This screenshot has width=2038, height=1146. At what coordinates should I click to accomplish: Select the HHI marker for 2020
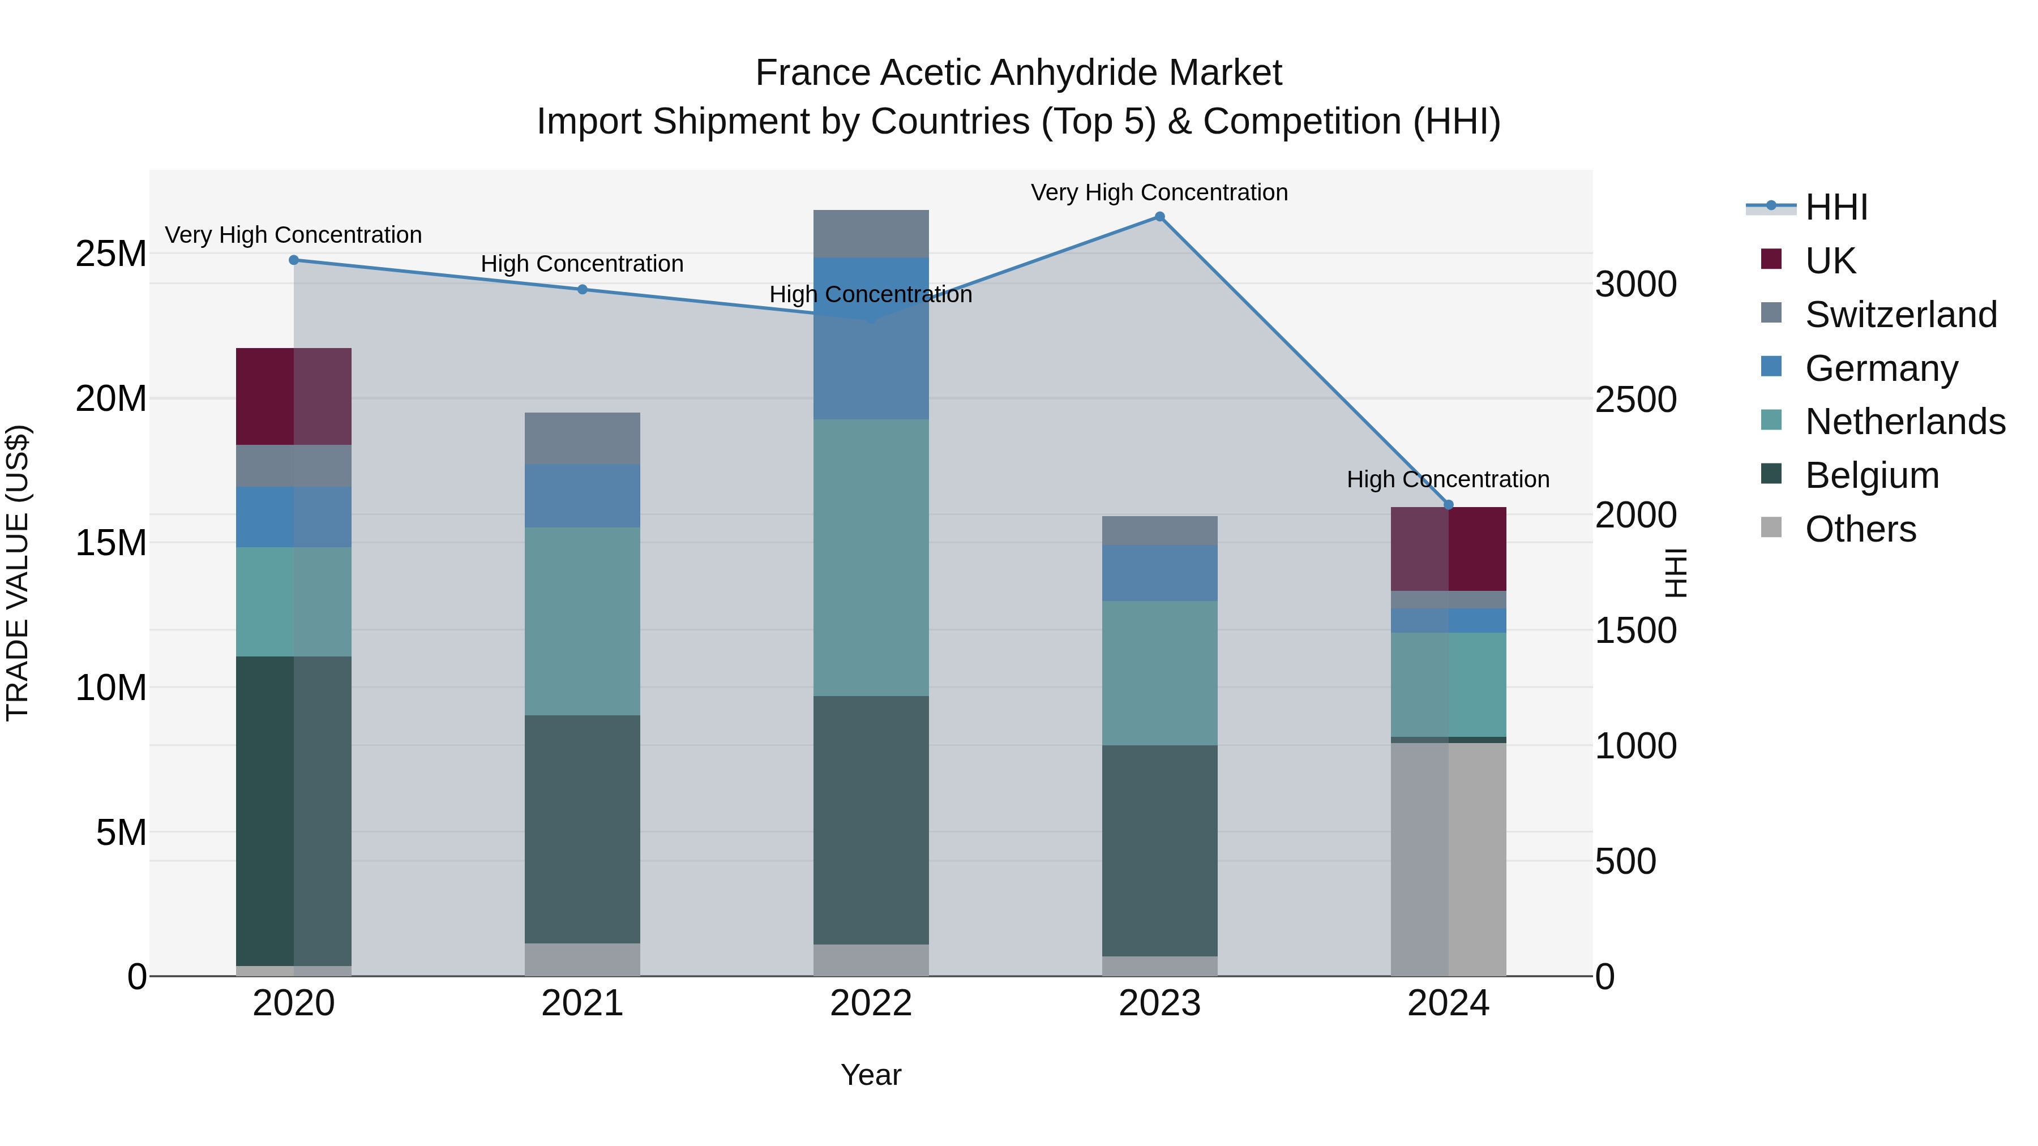[x=293, y=260]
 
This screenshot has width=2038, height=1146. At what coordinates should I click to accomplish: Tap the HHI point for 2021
[x=583, y=289]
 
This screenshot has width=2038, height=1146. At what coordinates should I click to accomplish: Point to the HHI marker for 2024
[x=1449, y=505]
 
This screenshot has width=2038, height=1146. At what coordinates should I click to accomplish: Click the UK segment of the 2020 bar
[x=293, y=396]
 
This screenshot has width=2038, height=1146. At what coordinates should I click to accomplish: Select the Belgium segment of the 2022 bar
[x=871, y=819]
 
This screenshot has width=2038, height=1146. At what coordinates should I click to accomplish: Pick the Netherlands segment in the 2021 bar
[x=583, y=621]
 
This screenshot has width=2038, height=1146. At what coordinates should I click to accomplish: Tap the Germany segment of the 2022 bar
[x=871, y=338]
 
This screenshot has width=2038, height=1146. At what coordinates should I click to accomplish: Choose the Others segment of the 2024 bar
[x=1449, y=859]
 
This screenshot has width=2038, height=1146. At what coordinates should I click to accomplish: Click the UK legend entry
[x=1829, y=261]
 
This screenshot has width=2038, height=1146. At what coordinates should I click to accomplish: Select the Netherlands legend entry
[x=1904, y=422]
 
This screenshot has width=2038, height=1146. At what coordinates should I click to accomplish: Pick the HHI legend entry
[x=1835, y=207]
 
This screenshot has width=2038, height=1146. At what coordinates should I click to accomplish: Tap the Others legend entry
[x=1860, y=529]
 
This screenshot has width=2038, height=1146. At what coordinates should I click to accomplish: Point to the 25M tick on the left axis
[x=111, y=254]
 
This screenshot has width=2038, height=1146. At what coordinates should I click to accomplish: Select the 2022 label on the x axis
[x=871, y=1003]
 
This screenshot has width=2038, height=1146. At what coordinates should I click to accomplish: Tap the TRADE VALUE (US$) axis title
[x=18, y=573]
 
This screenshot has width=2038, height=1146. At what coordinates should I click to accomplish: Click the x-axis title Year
[x=871, y=1075]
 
